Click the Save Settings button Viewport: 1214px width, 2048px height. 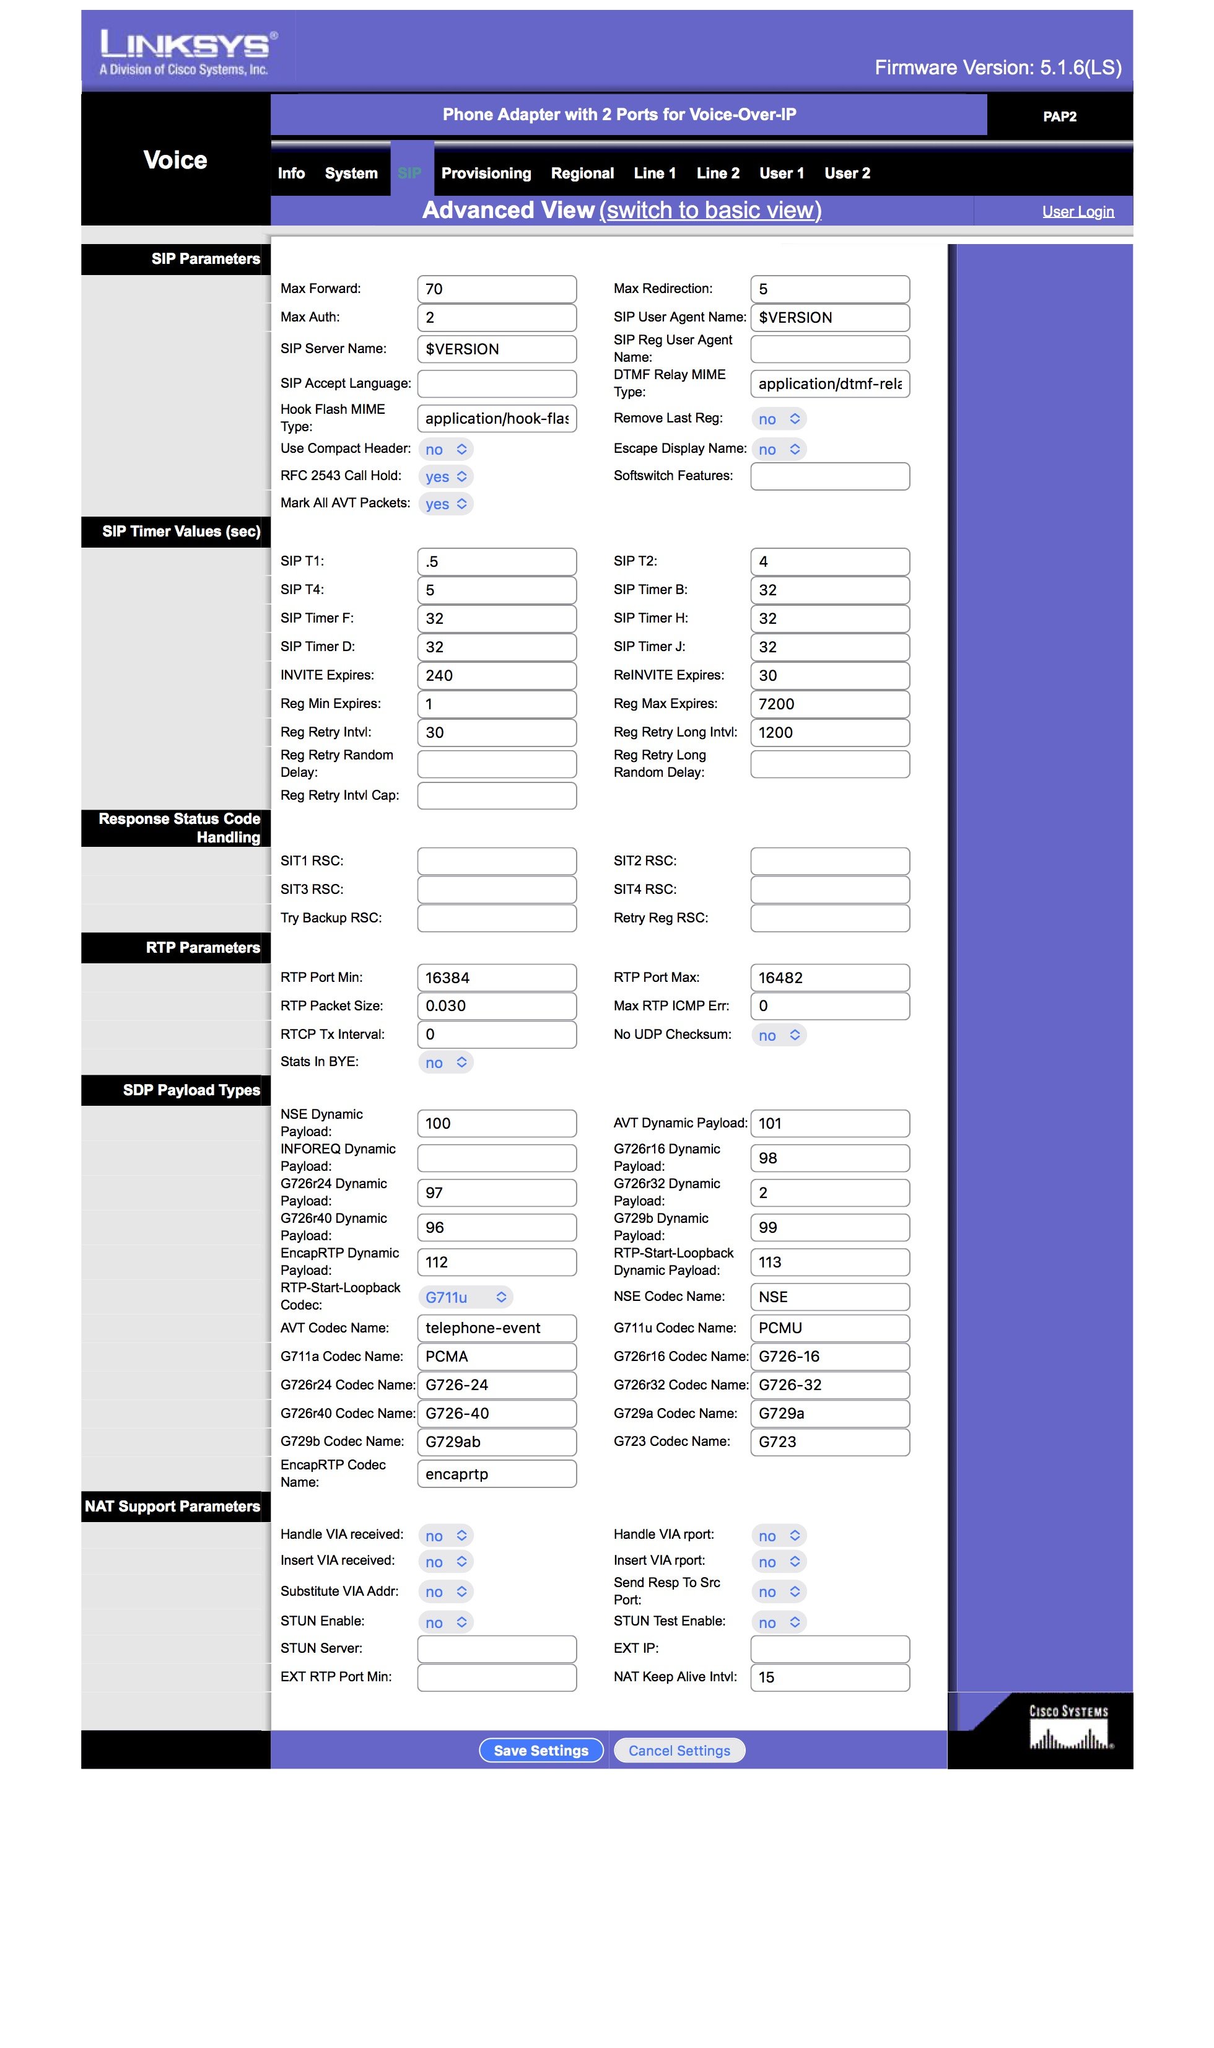[541, 1750]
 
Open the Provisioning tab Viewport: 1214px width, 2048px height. [486, 173]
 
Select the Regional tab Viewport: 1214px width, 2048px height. [582, 173]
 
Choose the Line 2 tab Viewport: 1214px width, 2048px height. [717, 173]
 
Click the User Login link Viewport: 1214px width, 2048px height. [1077, 212]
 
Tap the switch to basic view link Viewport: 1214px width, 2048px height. [710, 210]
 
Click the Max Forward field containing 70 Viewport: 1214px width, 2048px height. [497, 289]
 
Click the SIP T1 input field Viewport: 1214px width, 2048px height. [497, 561]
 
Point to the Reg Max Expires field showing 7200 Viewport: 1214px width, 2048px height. [829, 704]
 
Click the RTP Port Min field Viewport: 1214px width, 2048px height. [497, 978]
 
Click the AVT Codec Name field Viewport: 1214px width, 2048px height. [497, 1328]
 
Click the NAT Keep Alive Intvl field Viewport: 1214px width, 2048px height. [829, 1678]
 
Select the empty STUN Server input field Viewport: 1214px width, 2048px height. [497, 1648]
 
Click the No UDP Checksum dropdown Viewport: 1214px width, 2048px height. [779, 1035]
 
